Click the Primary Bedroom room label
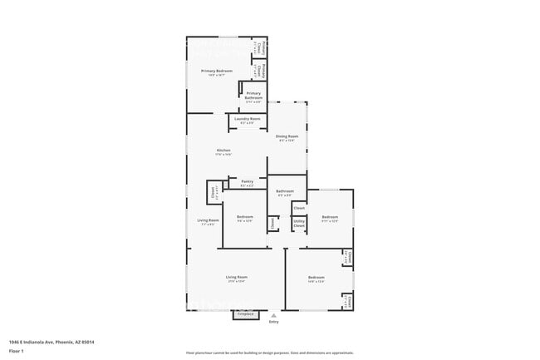(x=217, y=72)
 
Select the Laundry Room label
(x=247, y=119)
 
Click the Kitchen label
(x=223, y=150)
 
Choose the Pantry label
(x=247, y=181)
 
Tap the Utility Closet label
(x=299, y=222)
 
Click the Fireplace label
(x=245, y=314)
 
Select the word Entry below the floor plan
(x=274, y=322)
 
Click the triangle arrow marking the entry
(x=274, y=315)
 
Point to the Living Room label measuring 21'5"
(x=237, y=277)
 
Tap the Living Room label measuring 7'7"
(x=208, y=220)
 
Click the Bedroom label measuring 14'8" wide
(x=316, y=277)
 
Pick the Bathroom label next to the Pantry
(x=285, y=191)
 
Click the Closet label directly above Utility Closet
(x=299, y=208)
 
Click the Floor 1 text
(x=16, y=351)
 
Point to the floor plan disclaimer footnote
(x=269, y=353)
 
